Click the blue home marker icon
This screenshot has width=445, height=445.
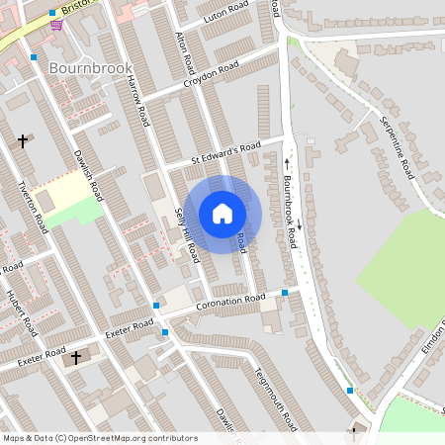(x=222, y=214)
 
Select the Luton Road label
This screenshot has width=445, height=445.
(x=224, y=13)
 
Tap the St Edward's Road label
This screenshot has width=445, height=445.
(x=225, y=153)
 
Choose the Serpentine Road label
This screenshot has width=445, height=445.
(x=396, y=147)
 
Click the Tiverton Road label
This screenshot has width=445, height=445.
(x=34, y=208)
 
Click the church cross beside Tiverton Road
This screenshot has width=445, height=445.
(x=23, y=141)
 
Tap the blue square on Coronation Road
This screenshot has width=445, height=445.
(x=285, y=293)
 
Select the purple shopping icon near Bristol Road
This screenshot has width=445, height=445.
(x=55, y=25)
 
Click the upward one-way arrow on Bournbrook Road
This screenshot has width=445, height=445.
(x=288, y=162)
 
